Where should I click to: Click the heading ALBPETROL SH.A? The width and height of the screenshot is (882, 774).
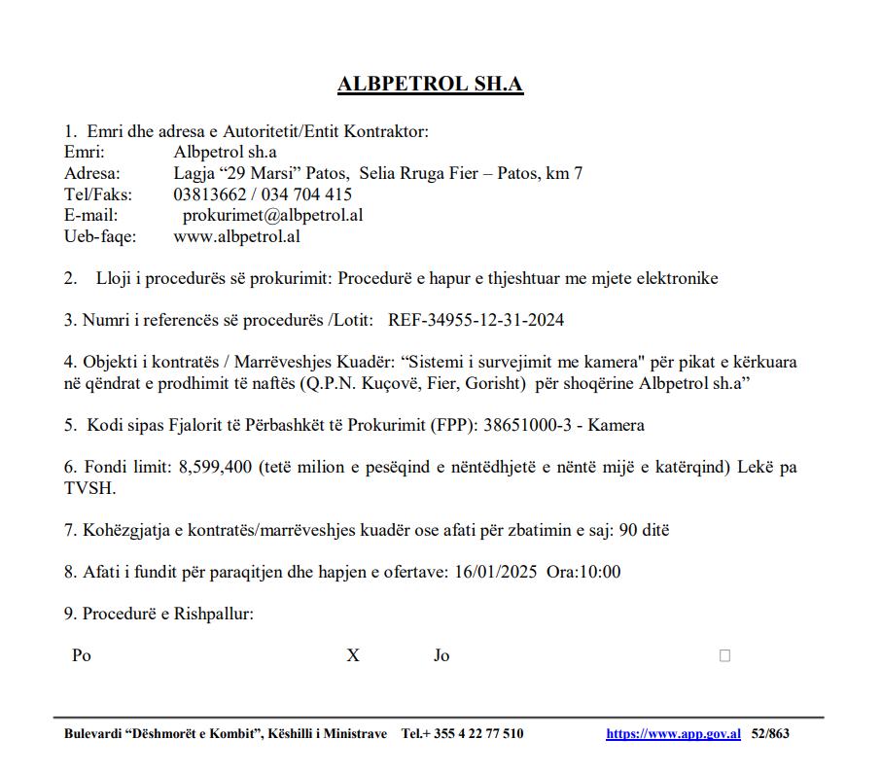[430, 85]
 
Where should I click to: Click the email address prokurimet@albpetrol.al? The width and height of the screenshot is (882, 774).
[272, 215]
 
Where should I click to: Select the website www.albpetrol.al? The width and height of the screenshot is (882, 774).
[236, 236]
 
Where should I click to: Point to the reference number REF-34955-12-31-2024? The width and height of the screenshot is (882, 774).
[476, 320]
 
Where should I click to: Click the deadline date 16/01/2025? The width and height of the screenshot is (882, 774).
[493, 572]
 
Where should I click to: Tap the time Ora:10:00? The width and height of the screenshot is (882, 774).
[583, 572]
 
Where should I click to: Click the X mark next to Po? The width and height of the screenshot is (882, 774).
[353, 655]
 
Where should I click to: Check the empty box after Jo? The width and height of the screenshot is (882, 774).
[724, 655]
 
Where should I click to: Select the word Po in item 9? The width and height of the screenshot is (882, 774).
[82, 655]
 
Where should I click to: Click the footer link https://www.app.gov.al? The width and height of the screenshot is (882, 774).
[673, 734]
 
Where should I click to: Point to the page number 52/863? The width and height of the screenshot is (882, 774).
[770, 734]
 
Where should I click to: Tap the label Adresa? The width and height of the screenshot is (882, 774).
[91, 173]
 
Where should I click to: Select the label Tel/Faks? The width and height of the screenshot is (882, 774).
[97, 194]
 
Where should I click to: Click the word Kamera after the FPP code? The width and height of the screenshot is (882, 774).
[615, 425]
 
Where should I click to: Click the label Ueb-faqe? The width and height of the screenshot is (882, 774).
[100, 236]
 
